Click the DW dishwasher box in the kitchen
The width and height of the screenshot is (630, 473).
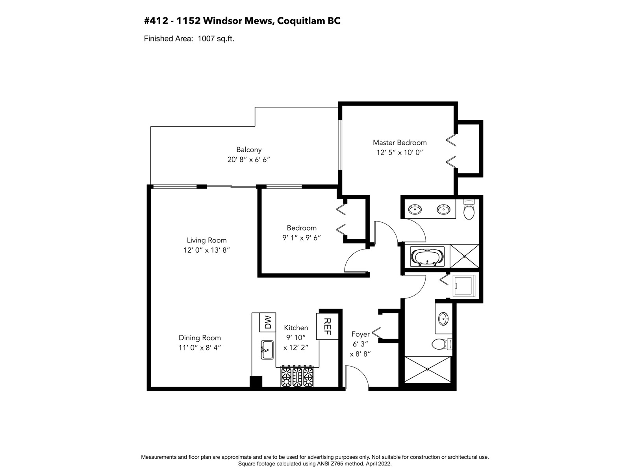tap(267, 322)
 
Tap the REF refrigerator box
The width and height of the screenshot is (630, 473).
tap(328, 326)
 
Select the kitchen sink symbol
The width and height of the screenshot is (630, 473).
tap(267, 350)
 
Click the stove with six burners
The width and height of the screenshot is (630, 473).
tap(297, 376)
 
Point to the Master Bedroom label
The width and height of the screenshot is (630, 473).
tap(400, 142)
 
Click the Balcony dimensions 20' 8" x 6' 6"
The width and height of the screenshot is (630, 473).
tap(248, 159)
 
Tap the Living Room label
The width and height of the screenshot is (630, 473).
tap(207, 240)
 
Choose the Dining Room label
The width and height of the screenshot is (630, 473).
tap(200, 338)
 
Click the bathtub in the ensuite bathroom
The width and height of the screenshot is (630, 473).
tap(427, 257)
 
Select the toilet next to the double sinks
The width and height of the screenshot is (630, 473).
tap(469, 209)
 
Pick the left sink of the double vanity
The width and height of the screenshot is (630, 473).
tap(415, 209)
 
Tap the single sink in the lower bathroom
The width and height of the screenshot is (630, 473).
tap(443, 318)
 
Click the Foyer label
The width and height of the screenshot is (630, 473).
tap(361, 334)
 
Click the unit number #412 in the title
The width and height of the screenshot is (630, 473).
tap(156, 21)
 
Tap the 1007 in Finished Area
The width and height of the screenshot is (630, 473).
tap(206, 39)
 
